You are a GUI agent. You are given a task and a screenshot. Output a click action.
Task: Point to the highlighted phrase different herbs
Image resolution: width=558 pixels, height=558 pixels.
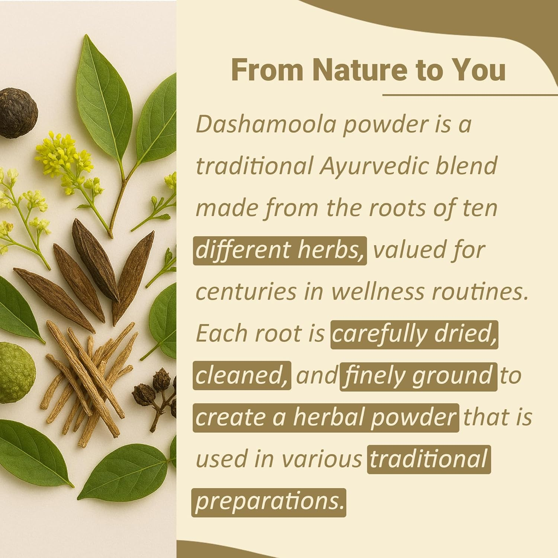click(280, 250)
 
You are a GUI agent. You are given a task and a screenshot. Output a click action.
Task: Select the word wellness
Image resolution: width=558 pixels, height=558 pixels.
click(377, 292)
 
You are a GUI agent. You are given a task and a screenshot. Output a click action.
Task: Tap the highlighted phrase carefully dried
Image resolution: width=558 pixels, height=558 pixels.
click(414, 334)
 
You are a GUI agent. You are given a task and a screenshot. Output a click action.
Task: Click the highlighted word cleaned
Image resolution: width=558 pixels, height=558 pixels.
click(241, 376)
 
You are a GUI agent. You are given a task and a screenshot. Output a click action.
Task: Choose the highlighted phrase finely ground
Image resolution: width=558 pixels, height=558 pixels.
click(418, 376)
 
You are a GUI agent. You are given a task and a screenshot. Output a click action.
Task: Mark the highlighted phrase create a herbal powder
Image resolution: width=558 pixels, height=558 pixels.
click(325, 417)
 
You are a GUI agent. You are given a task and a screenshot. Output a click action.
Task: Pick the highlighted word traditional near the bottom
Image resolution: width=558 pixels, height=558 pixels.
click(429, 459)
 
